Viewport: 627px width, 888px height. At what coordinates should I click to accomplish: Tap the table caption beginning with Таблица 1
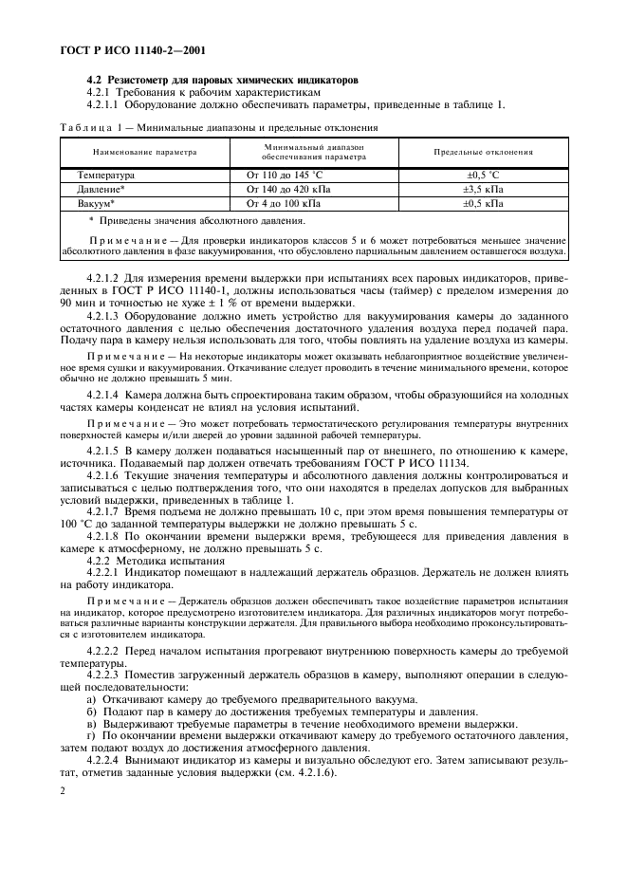[x=218, y=126]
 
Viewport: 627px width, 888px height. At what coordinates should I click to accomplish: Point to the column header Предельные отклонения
[x=483, y=152]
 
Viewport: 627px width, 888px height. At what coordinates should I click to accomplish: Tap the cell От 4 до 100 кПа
[x=285, y=203]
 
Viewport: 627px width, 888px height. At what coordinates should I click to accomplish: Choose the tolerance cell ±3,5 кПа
[x=483, y=189]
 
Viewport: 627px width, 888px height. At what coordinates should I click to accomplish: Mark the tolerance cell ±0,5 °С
[x=483, y=176]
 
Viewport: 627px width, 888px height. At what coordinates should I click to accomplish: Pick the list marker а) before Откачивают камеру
[x=92, y=699]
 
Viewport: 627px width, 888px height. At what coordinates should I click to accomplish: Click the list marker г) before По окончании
[x=91, y=735]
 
